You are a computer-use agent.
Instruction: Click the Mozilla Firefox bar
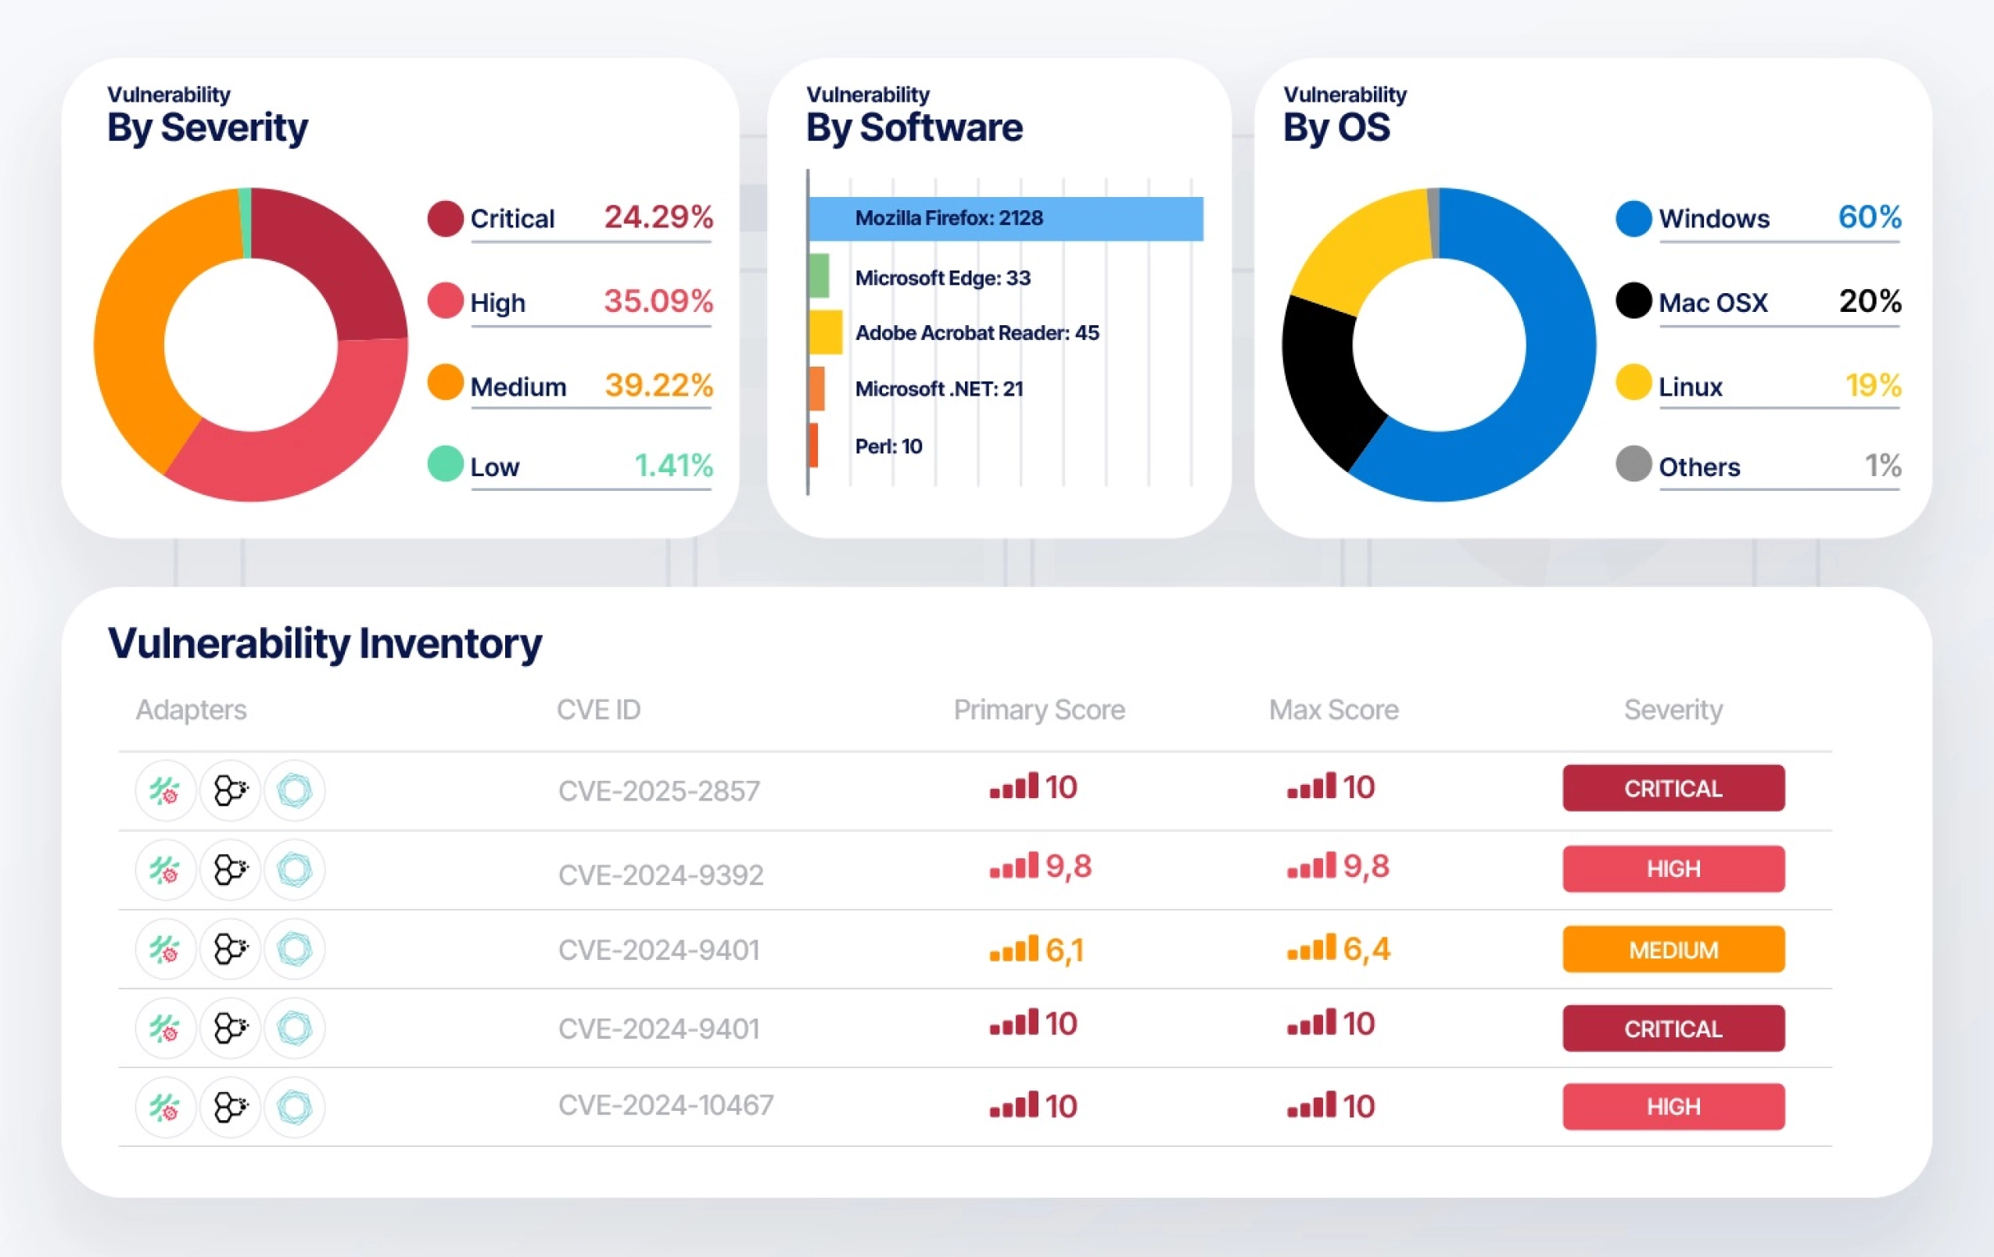[x=1006, y=219]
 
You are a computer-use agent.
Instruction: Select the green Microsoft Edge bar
[x=819, y=276]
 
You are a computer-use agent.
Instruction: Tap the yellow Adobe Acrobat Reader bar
[x=826, y=332]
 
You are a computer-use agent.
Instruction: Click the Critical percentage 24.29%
[x=658, y=217]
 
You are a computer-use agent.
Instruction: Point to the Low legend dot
[x=446, y=464]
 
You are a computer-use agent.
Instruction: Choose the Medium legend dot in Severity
[x=446, y=382]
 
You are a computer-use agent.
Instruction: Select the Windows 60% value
[x=1870, y=217]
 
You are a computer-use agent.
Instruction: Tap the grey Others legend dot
[x=1634, y=464]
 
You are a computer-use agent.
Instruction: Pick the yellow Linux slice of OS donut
[x=1366, y=244]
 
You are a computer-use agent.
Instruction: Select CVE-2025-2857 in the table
[x=659, y=791]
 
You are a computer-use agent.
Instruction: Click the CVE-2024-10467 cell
[x=665, y=1105]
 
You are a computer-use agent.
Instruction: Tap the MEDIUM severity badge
[x=1673, y=949]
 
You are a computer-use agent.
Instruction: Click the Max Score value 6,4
[x=1366, y=949]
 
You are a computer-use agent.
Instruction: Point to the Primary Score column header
[x=1039, y=710]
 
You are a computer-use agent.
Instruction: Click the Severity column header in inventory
[x=1673, y=710]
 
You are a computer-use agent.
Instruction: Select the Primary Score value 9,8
[x=1068, y=867]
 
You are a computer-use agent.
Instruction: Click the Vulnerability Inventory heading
[x=325, y=644]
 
